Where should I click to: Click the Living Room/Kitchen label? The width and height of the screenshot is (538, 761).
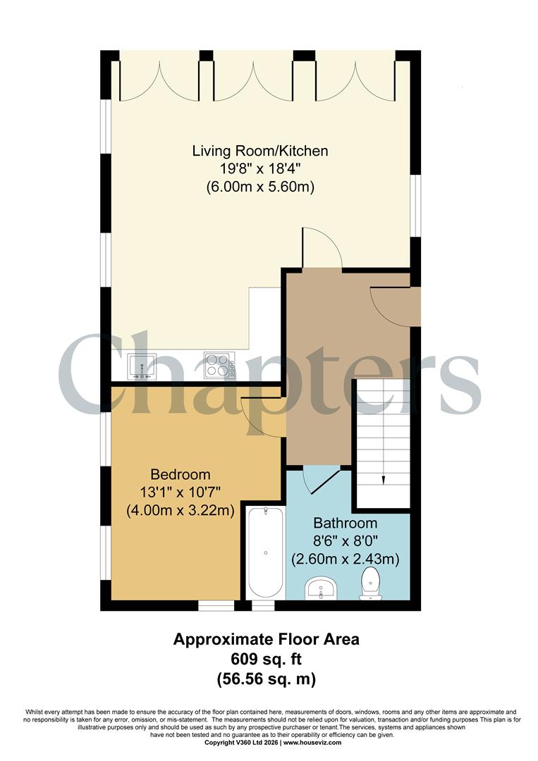pos(260,151)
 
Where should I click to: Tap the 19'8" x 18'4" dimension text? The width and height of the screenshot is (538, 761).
pos(260,169)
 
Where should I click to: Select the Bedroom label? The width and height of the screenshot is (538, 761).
pos(180,474)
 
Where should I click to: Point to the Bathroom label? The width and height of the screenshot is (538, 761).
pos(346,524)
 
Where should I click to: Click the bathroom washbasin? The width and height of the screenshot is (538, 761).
pos(323,588)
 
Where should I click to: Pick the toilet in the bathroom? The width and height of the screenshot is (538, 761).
pos(370,586)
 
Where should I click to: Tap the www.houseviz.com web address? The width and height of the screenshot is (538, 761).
pos(312,743)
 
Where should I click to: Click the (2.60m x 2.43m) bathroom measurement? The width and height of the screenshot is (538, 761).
pos(346,560)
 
